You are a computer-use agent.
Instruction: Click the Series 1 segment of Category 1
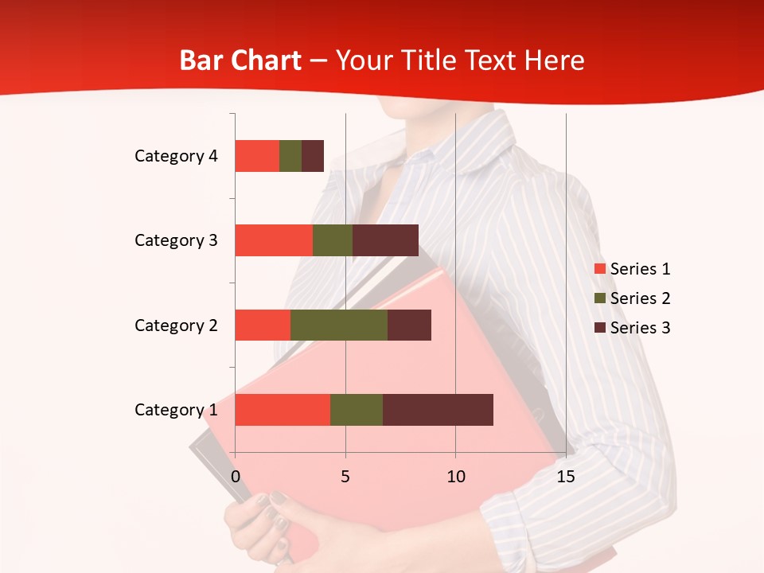coord(283,410)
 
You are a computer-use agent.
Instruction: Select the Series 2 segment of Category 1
coord(357,410)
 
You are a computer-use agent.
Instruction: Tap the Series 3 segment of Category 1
coord(438,410)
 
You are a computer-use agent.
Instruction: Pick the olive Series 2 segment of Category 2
coord(339,325)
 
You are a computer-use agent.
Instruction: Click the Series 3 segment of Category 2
coord(409,325)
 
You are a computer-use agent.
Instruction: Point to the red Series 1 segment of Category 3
coord(274,240)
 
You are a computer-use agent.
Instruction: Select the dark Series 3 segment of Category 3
coord(385,240)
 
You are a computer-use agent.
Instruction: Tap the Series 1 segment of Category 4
coord(257,156)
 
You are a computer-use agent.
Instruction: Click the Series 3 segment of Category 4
coord(313,156)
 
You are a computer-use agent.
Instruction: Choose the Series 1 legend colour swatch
coord(600,269)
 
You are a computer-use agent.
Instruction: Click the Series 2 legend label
coord(640,298)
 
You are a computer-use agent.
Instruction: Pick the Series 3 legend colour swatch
coord(600,328)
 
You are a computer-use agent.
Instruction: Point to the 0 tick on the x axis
coord(236,477)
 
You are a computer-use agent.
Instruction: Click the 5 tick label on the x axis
coord(345,477)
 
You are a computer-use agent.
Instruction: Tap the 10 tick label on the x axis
coord(455,477)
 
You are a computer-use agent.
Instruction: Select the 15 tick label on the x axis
coord(566,477)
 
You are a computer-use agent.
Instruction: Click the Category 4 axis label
coord(176,156)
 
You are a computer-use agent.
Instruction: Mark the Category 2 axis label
coord(176,325)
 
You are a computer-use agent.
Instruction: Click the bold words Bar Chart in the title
coord(240,60)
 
